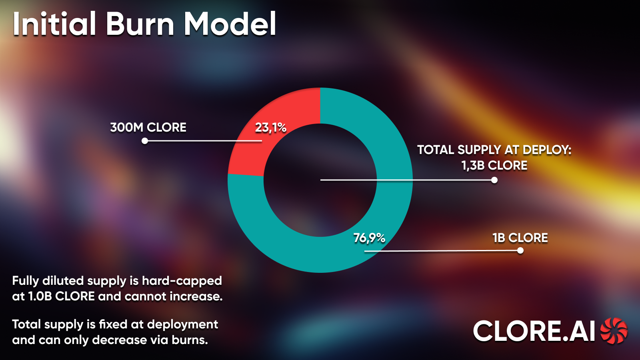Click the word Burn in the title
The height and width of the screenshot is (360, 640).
coord(140,24)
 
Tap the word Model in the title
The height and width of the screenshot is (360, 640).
coord(230,24)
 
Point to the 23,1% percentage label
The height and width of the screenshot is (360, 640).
coord(271,128)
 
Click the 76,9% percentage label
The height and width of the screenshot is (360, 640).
coord(369,238)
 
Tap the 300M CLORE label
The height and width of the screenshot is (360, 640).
coord(148,128)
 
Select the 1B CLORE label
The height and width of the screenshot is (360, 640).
coord(520,238)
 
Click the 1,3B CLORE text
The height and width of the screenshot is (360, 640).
coord(494,166)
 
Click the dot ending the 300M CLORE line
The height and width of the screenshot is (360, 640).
coord(145,141)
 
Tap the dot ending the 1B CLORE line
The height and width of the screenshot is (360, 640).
coord(520,250)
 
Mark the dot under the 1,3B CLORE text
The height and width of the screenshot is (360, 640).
coord(494,180)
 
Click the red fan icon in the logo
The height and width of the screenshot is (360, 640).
coord(614,331)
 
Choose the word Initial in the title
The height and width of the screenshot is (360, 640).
coord(54,24)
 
